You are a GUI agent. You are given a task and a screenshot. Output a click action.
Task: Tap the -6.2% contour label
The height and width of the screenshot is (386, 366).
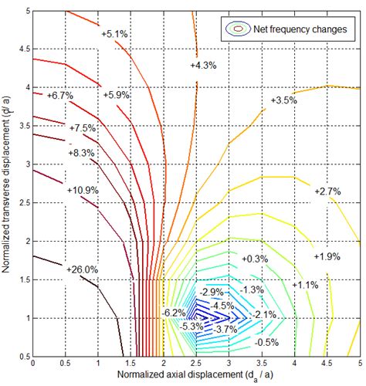173,312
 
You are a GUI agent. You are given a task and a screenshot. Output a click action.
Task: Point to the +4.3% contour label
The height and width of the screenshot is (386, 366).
203,66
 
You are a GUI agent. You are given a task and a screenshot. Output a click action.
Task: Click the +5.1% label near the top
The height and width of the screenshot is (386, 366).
115,34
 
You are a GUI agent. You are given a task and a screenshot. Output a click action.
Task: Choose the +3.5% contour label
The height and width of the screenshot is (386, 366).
284,100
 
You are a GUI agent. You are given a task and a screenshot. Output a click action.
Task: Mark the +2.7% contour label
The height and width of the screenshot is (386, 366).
327,191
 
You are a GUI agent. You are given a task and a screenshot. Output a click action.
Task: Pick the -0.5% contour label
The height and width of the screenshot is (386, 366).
267,342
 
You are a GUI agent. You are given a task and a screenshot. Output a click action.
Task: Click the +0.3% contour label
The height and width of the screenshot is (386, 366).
255,259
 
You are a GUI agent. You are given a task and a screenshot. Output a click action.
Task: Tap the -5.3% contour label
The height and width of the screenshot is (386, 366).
190,326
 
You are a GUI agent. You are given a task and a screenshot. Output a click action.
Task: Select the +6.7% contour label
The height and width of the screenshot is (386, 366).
59,96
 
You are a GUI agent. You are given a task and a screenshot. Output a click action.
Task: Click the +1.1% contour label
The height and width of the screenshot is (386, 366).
307,285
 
